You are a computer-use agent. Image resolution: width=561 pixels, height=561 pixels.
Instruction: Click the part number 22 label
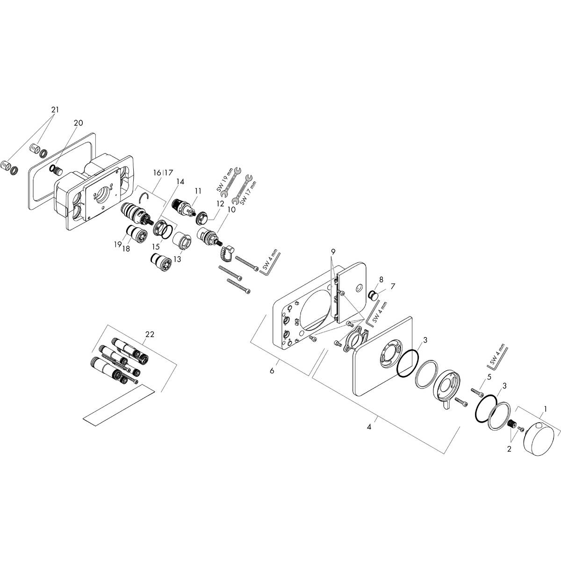[x=150, y=334]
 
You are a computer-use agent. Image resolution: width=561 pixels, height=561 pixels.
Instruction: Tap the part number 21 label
[x=56, y=110]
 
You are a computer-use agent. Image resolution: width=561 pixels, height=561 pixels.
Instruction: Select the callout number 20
[x=78, y=123]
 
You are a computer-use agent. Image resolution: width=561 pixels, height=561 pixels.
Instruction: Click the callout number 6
[x=272, y=371]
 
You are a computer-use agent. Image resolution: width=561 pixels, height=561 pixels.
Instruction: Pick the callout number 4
[x=369, y=427]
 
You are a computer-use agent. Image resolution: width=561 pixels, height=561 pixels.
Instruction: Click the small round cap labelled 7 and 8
[x=374, y=295]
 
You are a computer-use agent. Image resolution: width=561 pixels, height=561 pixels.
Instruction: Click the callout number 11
[x=198, y=191]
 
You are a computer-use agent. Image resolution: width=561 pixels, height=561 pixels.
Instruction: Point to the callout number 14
[x=180, y=181]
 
